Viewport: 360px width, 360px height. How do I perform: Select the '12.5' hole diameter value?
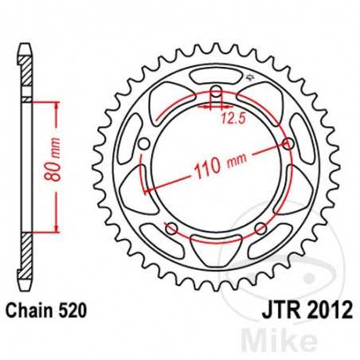pos(231,120)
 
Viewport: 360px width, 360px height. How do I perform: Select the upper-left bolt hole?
pos(144,144)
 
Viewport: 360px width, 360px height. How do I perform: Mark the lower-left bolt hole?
pos(170,229)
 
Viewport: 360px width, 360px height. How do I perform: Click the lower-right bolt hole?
pos(260,229)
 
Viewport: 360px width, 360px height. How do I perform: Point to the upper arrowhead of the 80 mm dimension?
pos(56,106)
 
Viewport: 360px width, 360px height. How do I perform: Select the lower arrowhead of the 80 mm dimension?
pos(56,229)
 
